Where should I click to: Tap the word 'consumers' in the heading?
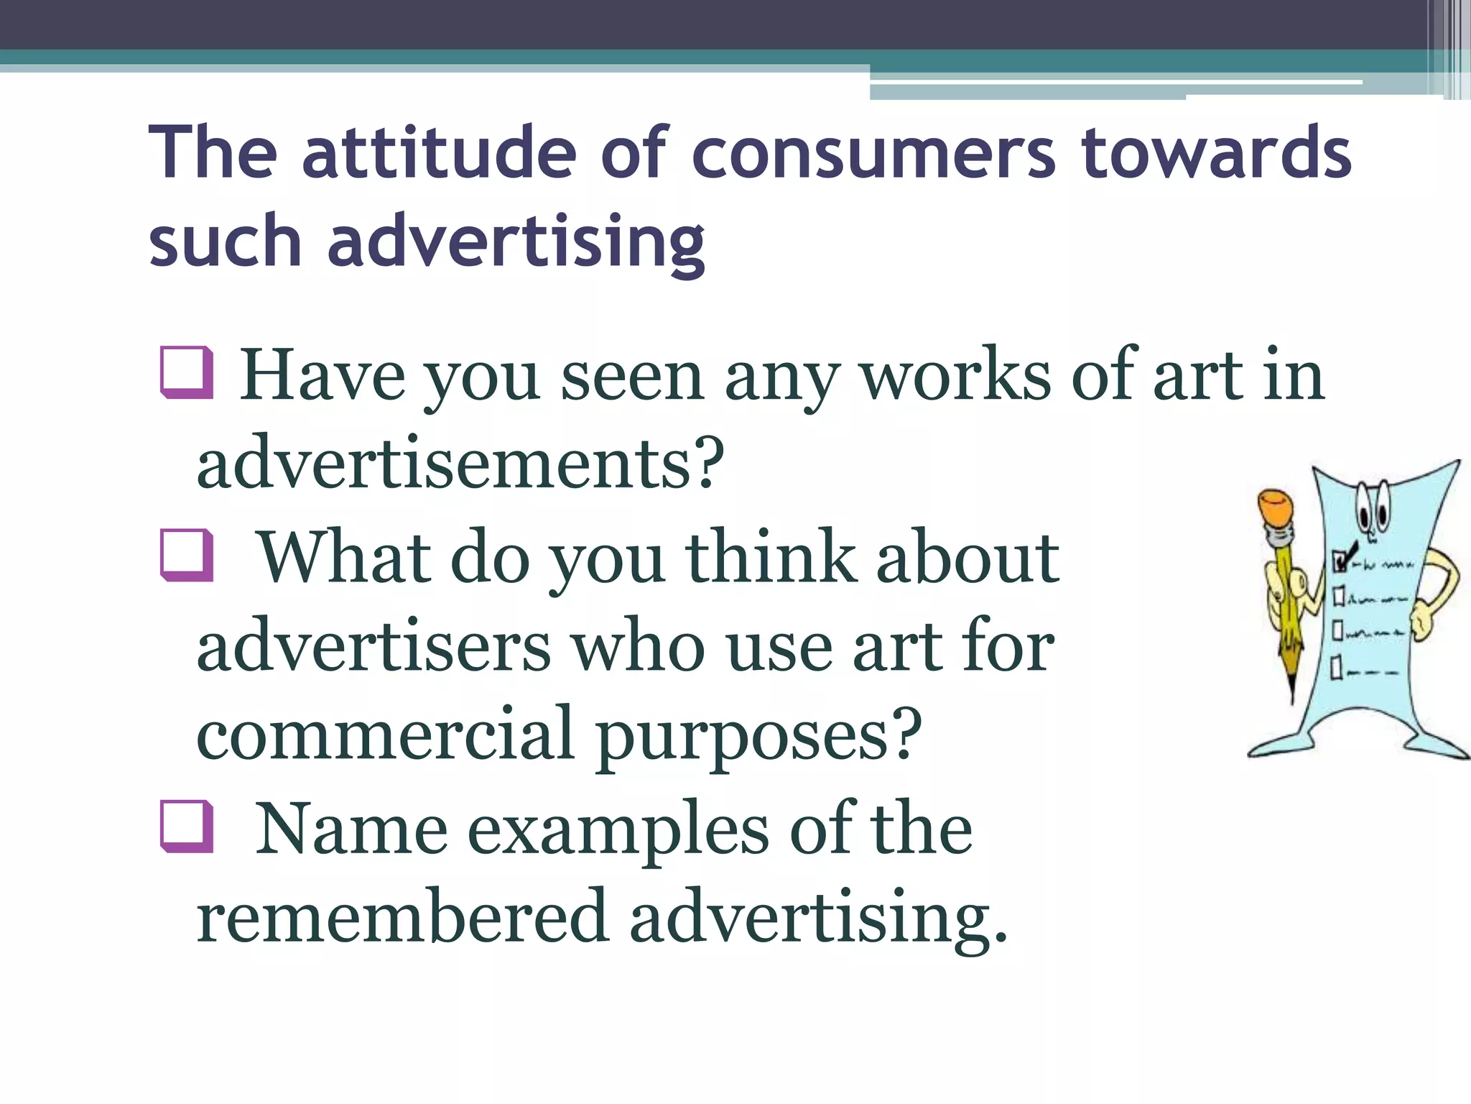(873, 153)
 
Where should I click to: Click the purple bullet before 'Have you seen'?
(187, 372)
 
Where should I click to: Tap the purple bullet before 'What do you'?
(187, 555)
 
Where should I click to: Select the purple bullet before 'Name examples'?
(187, 827)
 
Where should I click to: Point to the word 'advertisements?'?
(460, 464)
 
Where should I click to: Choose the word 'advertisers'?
(374, 646)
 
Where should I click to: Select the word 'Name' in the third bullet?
(351, 829)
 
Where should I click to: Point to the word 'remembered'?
(402, 916)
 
